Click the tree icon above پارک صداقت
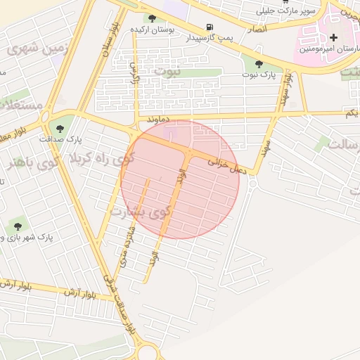tap(57, 128)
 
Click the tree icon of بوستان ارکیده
tap(152, 18)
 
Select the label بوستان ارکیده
tap(152, 30)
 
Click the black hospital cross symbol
tap(333, 37)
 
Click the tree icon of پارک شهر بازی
tap(17, 226)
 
